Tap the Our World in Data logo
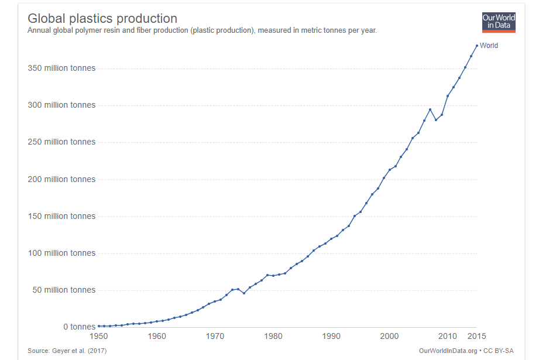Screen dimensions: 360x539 [x=499, y=22]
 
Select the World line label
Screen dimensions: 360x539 [x=489, y=46]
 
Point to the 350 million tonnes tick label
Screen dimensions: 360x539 [x=61, y=68]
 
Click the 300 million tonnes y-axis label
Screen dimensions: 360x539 [x=61, y=105]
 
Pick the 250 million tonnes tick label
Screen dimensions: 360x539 [x=61, y=142]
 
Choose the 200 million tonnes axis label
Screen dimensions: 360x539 [x=61, y=179]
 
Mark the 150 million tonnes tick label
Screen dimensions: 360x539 [x=61, y=216]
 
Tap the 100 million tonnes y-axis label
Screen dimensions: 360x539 [x=61, y=253]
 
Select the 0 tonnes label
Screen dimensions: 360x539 [x=78, y=327]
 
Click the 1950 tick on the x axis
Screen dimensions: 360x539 [x=99, y=336]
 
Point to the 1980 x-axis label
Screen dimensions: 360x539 [x=273, y=336]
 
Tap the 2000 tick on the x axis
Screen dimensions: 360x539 [x=389, y=336]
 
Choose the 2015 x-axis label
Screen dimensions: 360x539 [x=476, y=336]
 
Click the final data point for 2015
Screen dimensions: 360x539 [x=476, y=46]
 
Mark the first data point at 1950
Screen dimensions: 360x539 [x=99, y=326]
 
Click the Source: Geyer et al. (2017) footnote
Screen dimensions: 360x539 [x=67, y=351]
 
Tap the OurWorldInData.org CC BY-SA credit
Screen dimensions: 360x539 [x=466, y=351]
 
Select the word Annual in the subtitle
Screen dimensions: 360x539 [x=39, y=30]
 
